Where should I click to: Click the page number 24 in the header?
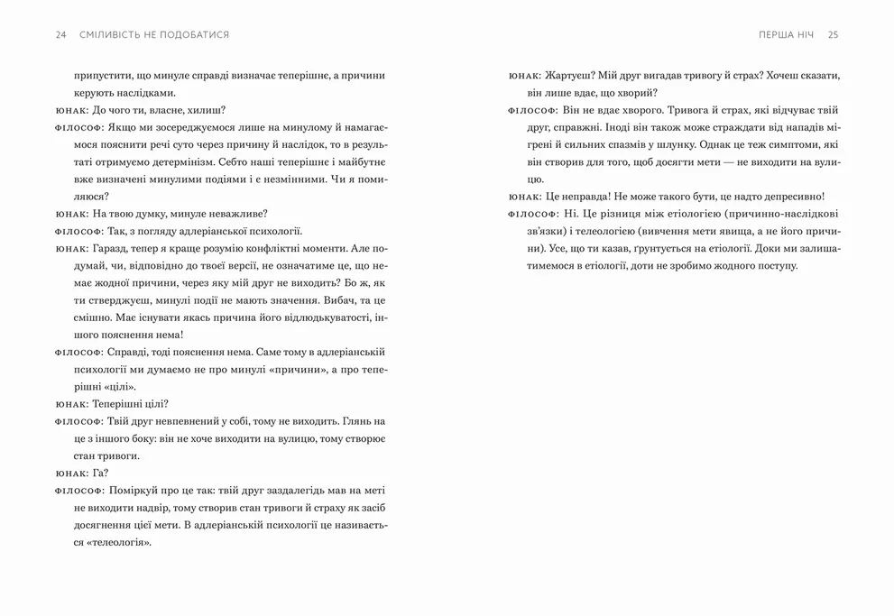point(60,34)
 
